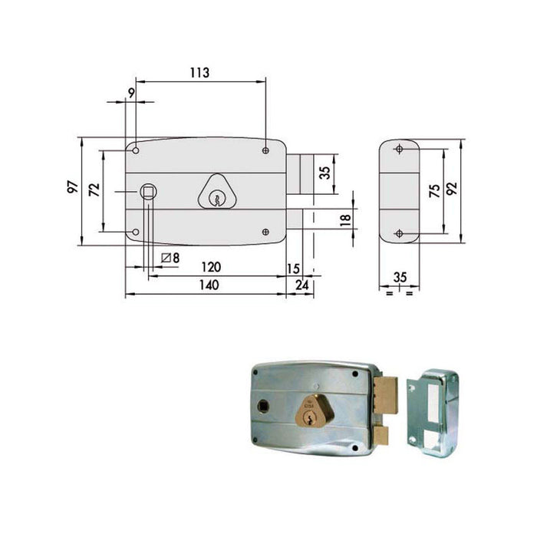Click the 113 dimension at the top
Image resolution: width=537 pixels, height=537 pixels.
pos(199,73)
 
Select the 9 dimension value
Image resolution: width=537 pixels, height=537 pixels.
pos(131,93)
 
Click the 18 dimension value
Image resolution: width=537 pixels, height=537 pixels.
pos(345,219)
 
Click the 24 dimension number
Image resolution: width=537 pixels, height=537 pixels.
pos(301,285)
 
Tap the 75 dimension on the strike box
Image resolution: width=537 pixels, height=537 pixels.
pos(434,191)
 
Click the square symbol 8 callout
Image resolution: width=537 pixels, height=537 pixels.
pos(171,259)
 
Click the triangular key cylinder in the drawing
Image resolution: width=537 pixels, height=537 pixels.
pos(217,192)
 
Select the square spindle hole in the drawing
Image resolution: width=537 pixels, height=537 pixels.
pos(147,190)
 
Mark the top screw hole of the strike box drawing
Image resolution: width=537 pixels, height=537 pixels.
pos(398,150)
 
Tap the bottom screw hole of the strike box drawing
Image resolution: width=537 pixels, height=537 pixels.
pos(398,233)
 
